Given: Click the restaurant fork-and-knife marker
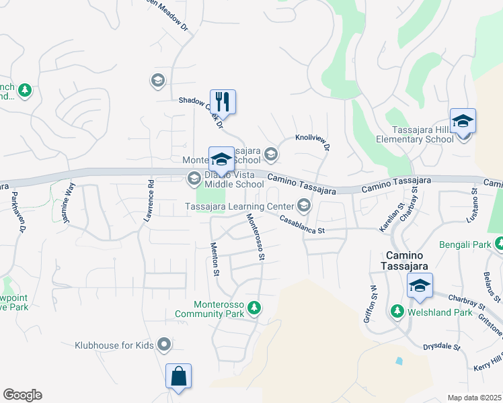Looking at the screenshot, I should (223, 101).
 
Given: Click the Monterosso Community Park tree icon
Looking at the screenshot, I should (254, 308).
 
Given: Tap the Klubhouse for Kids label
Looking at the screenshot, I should (114, 346).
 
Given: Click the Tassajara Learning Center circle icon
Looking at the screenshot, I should (304, 205).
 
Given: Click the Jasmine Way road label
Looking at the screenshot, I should (67, 195).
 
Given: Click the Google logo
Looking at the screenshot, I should (22, 395).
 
